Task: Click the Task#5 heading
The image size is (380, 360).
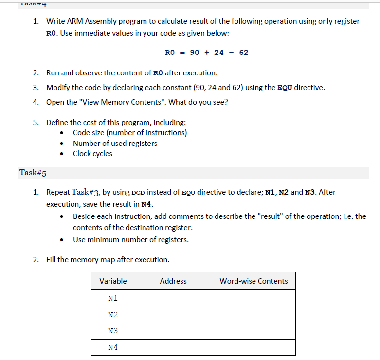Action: tap(33, 173)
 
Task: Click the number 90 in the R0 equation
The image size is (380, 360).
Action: tap(195, 52)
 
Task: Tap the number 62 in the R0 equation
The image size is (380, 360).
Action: tap(244, 52)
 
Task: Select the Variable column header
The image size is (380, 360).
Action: tap(113, 281)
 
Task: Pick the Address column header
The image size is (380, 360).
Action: tap(173, 281)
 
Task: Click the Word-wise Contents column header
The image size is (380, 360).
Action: tap(253, 281)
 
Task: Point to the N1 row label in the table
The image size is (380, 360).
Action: tap(112, 298)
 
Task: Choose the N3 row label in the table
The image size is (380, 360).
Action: tap(112, 331)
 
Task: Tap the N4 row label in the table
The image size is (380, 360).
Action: tap(112, 347)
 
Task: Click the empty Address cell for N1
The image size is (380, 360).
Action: tap(173, 298)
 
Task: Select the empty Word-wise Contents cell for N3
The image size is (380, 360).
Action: tap(253, 331)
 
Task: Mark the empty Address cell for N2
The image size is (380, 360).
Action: tap(173, 314)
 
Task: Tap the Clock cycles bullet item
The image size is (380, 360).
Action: tap(92, 154)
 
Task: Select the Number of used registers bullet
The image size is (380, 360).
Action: tap(115, 143)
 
